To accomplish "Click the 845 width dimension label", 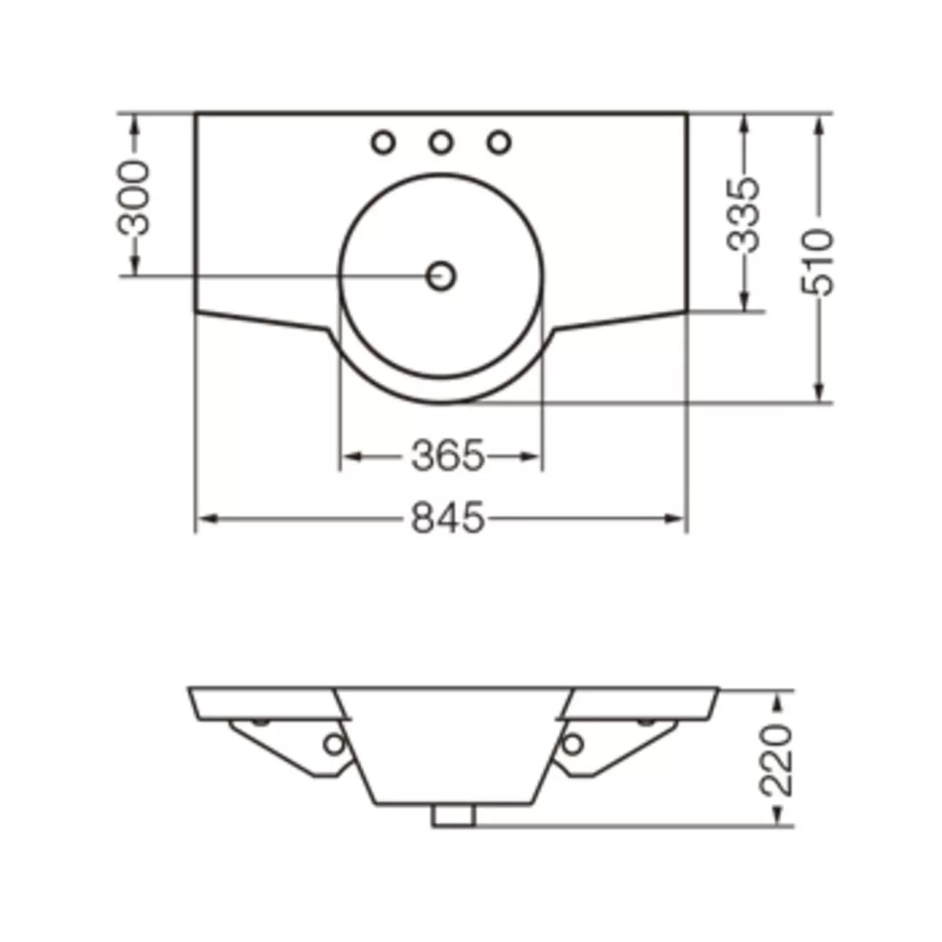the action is click(x=447, y=518).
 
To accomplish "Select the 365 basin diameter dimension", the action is click(x=447, y=456).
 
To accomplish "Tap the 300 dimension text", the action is click(x=133, y=198).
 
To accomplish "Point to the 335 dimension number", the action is click(x=743, y=215).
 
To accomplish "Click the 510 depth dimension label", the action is click(x=817, y=262).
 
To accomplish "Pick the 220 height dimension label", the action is click(x=776, y=767).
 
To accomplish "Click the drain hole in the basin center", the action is click(x=441, y=276).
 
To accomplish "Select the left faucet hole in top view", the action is click(x=383, y=143).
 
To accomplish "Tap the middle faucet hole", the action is click(x=441, y=143).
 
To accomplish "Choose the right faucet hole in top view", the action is click(x=499, y=143).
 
